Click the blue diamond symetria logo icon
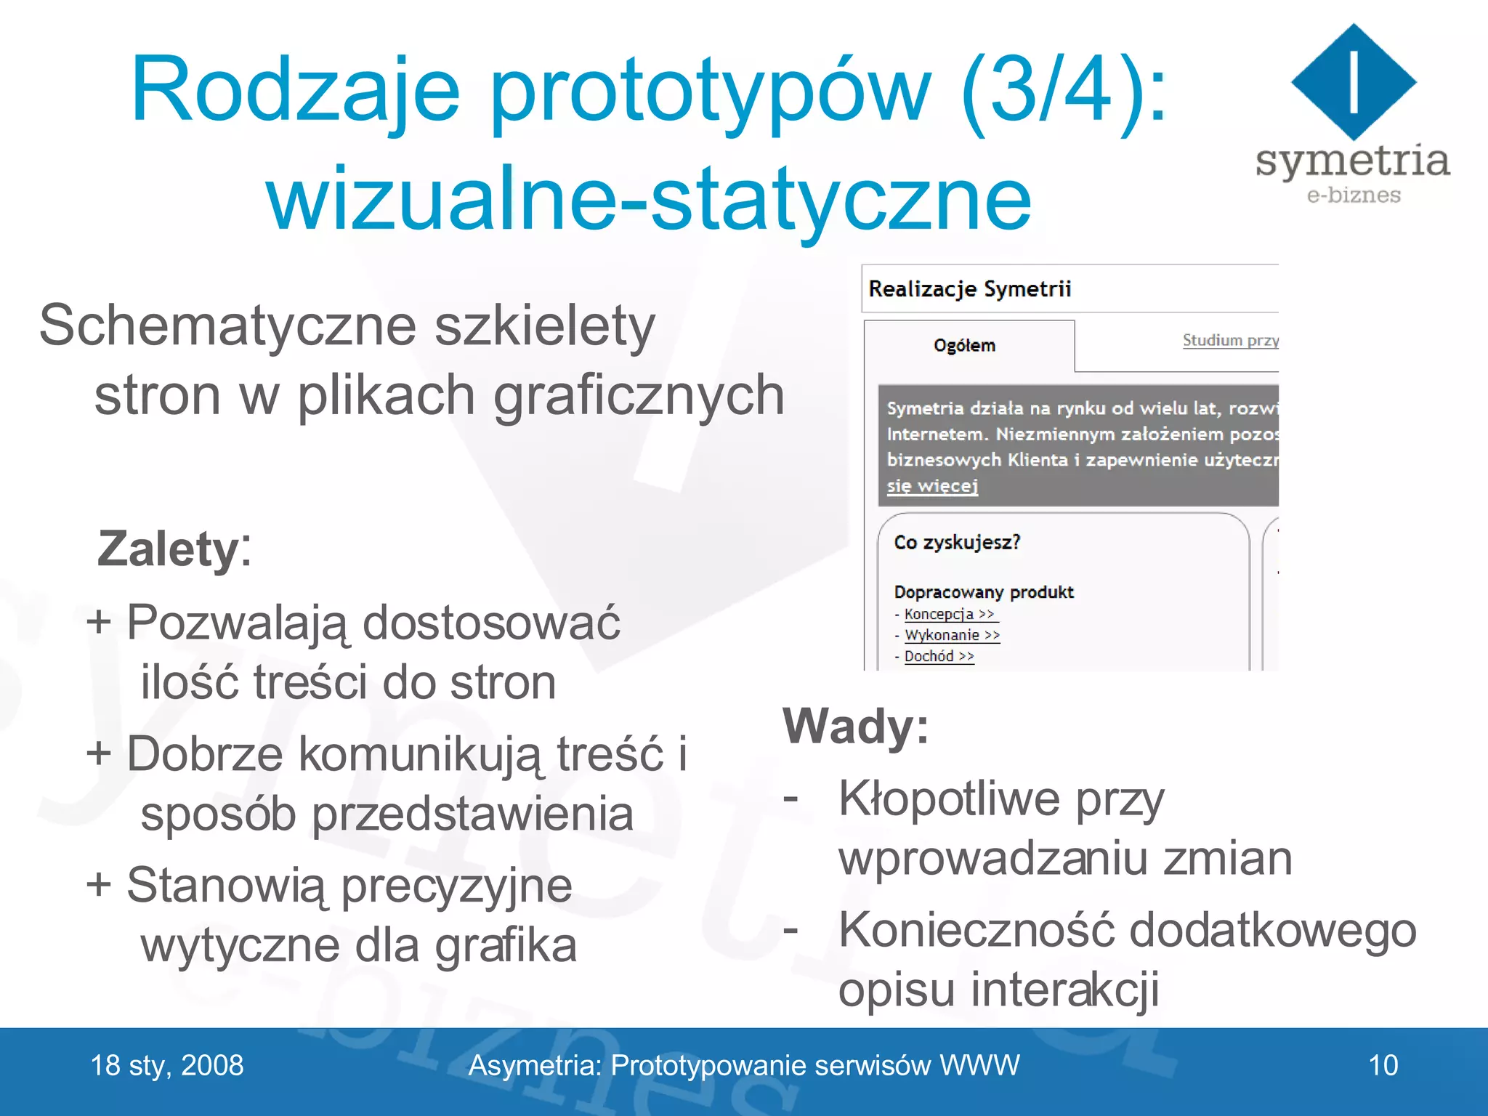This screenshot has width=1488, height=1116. point(1354,82)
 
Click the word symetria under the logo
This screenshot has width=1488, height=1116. point(1352,161)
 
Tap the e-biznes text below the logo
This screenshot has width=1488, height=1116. point(1354,195)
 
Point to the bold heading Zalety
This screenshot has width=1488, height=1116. point(168,549)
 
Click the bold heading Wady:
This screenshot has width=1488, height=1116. point(855,726)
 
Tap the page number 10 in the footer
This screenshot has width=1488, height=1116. point(1383,1065)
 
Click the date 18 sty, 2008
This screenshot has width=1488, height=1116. point(167,1065)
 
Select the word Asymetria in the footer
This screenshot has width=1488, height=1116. point(534,1065)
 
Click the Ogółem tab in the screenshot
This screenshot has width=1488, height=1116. point(964,345)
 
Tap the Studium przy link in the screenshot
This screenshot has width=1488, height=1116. point(1230,340)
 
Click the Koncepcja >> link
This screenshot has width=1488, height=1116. point(949,614)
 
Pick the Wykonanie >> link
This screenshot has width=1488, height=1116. point(952,635)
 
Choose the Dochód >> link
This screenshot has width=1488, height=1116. point(939,656)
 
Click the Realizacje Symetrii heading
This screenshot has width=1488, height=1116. point(969,289)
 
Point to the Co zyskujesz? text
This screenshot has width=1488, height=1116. point(957,542)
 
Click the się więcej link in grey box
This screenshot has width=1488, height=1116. point(932,485)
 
